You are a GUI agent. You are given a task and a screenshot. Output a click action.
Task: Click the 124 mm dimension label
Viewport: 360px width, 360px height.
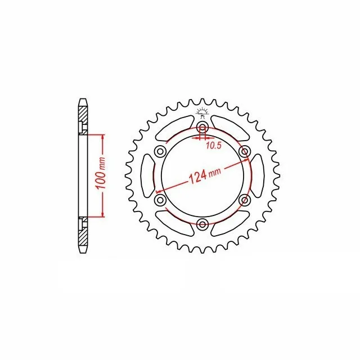pyautogui.click(x=205, y=175)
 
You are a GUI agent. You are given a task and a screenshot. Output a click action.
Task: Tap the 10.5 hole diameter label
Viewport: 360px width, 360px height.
pyautogui.click(x=214, y=145)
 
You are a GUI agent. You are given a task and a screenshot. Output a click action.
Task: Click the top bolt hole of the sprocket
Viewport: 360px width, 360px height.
pyautogui.click(x=202, y=127)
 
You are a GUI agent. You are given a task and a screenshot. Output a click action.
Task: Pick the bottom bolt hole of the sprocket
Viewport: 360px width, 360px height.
pyautogui.click(x=202, y=224)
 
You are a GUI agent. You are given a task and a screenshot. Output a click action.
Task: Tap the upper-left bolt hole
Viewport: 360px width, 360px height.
pyautogui.click(x=160, y=151)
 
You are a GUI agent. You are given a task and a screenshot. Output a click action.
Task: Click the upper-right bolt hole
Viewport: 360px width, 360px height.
pyautogui.click(x=244, y=151)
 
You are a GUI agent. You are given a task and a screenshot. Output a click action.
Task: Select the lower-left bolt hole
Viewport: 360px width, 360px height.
pyautogui.click(x=160, y=200)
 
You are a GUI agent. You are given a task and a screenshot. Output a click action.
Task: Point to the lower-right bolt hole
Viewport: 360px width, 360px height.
pyautogui.click(x=244, y=200)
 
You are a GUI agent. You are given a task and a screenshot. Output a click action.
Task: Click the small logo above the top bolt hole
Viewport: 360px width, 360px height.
pyautogui.click(x=202, y=112)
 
